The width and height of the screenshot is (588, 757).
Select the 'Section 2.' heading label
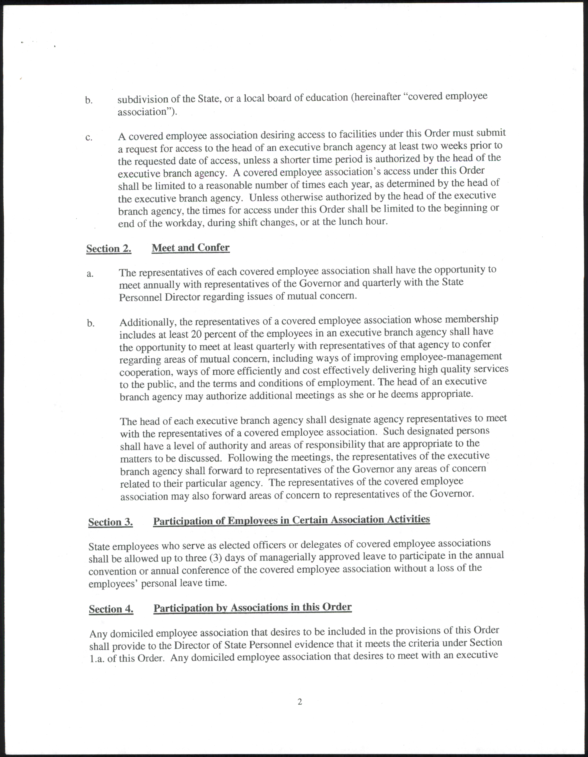coord(109,249)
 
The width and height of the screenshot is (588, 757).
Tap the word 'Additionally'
coord(148,322)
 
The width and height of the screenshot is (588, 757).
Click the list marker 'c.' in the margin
coord(89,138)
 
